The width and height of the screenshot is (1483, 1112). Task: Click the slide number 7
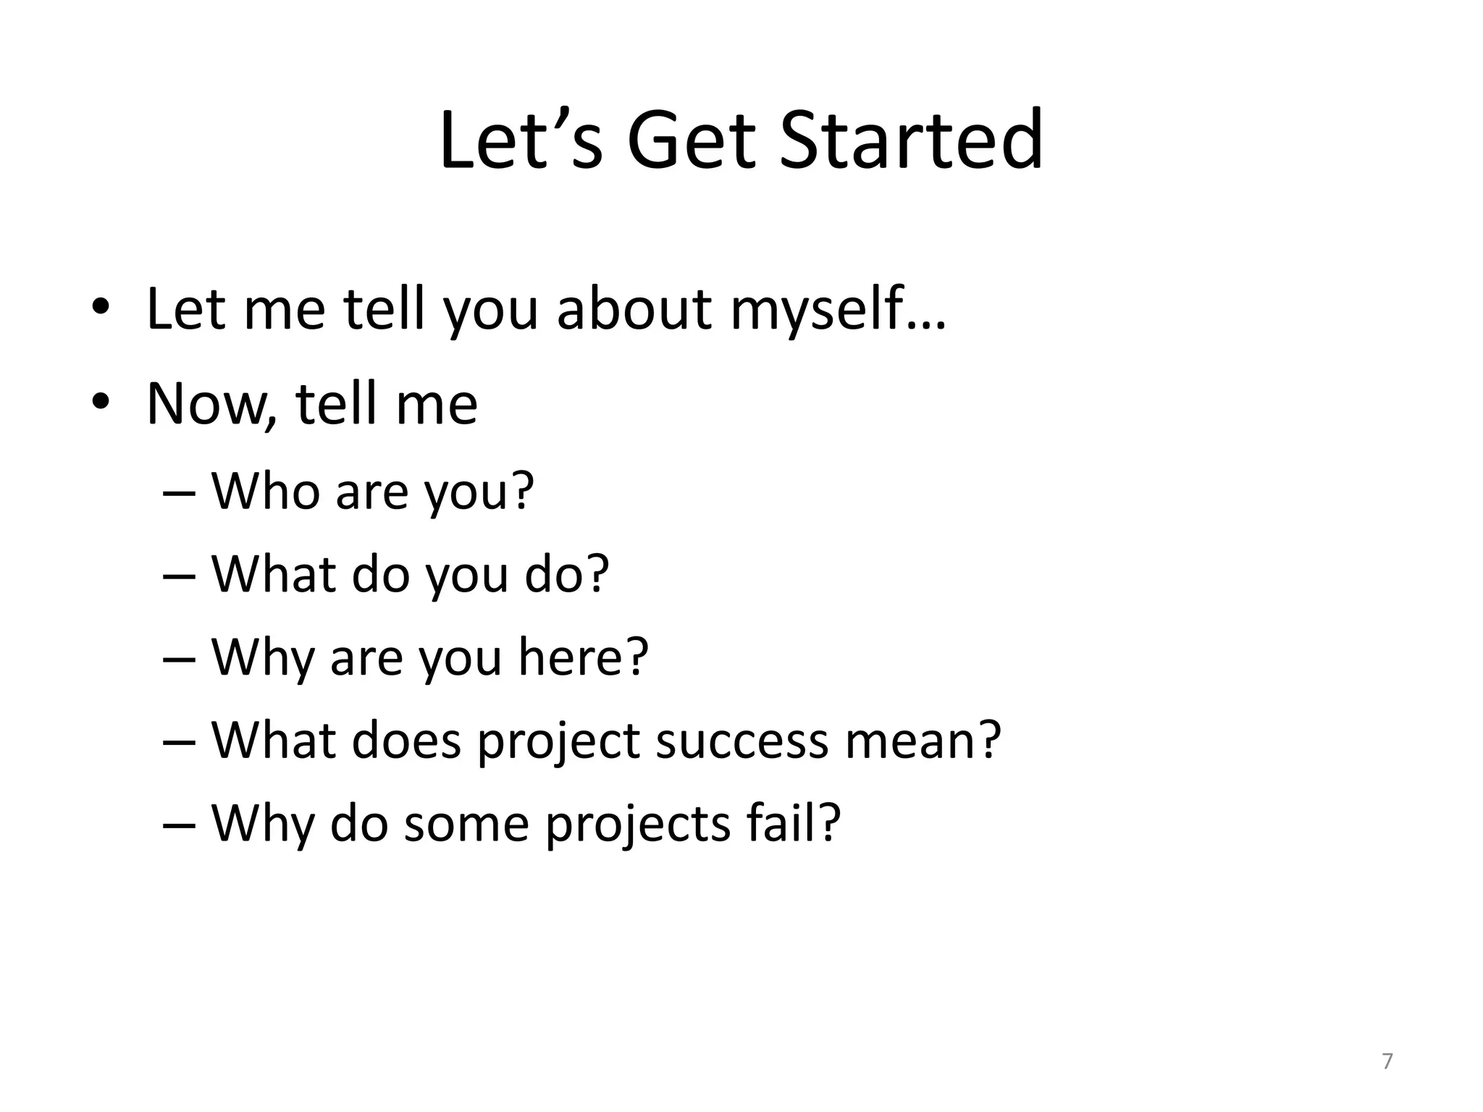click(x=1387, y=1061)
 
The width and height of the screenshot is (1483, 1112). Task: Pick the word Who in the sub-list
click(x=266, y=492)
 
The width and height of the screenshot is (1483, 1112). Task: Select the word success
click(x=741, y=741)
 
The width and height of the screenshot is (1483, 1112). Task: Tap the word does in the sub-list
click(x=406, y=741)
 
